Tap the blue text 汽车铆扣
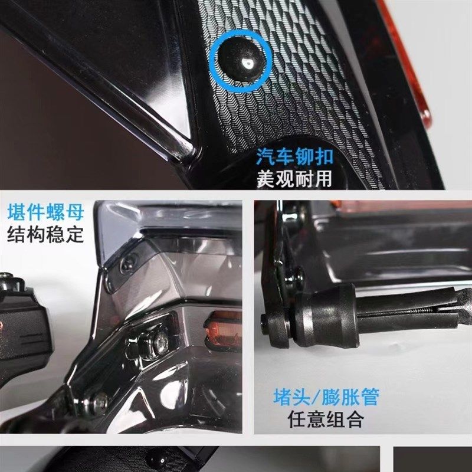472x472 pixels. click(294, 157)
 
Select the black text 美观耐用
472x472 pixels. click(294, 178)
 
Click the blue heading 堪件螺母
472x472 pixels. click(45, 212)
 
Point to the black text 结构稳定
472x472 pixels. click(45, 234)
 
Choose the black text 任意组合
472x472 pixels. click(325, 419)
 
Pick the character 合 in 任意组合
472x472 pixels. click(353, 419)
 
